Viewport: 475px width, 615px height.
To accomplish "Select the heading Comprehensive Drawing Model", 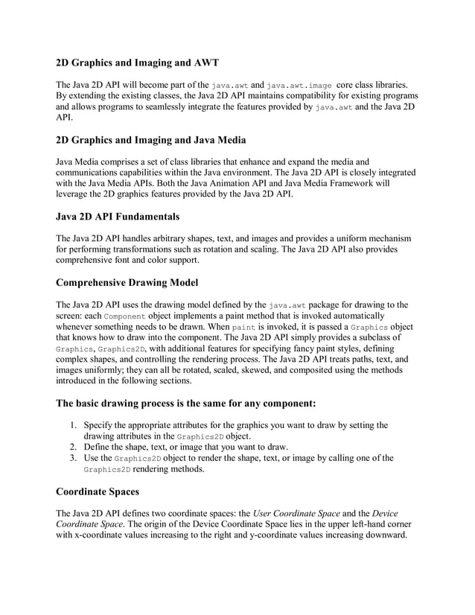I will (127, 284).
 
